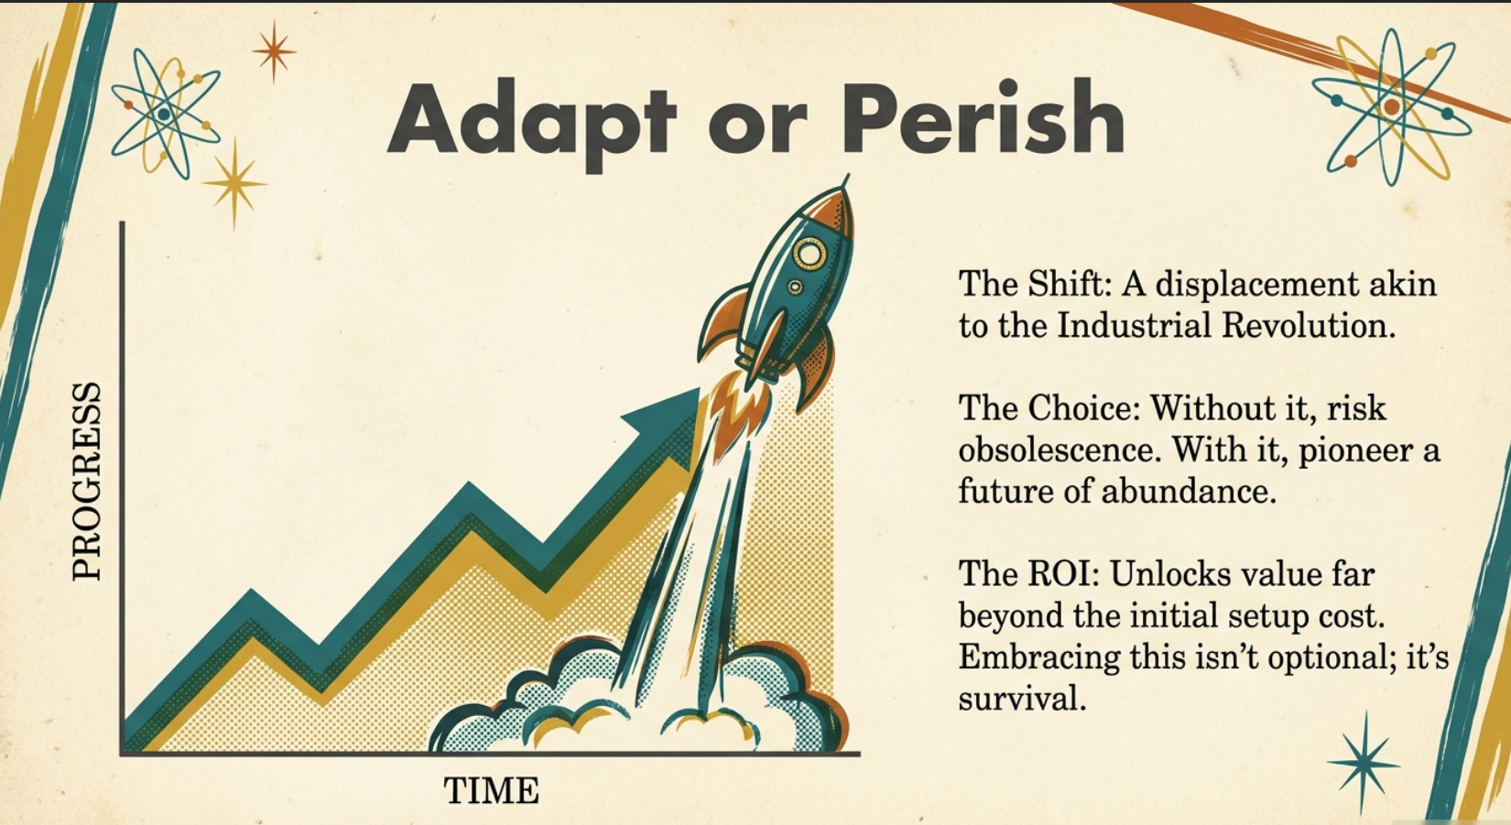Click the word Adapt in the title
(x=531, y=121)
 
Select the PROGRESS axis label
(x=87, y=482)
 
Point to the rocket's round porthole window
(x=810, y=253)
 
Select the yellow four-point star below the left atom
(x=234, y=183)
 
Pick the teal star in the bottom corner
(x=1363, y=763)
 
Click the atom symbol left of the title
(x=165, y=114)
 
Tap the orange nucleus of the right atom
(x=1392, y=106)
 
